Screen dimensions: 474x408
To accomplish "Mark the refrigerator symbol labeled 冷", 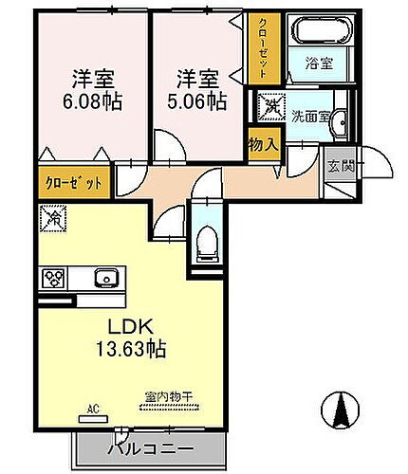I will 51,219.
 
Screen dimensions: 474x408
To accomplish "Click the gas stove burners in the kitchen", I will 52,278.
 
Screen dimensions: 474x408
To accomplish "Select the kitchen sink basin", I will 104,278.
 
